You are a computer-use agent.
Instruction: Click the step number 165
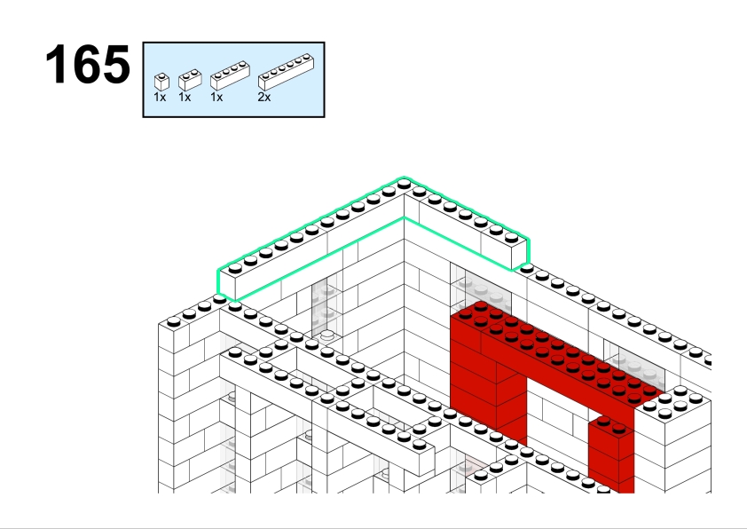tap(88, 64)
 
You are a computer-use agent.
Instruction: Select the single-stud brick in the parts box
tap(162, 82)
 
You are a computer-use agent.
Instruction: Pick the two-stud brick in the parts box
tap(190, 80)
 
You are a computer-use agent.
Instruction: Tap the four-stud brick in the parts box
tap(230, 75)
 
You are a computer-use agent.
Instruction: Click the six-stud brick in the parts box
tap(286, 72)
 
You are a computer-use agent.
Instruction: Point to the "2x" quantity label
tap(263, 98)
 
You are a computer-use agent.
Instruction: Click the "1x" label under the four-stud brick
tap(216, 98)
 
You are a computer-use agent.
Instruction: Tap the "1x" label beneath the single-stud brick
tap(160, 98)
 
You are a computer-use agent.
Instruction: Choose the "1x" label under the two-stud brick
tap(185, 98)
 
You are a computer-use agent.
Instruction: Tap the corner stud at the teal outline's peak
tap(404, 184)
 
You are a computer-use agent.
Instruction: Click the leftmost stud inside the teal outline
tap(235, 269)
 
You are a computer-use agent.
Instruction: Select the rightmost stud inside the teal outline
tap(511, 237)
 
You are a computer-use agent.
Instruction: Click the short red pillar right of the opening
tap(611, 453)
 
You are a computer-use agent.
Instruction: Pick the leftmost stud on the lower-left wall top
tap(173, 321)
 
